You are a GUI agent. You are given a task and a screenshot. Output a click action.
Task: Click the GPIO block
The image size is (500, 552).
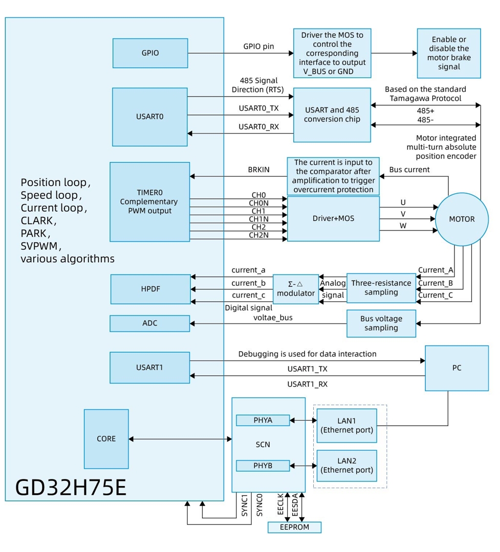150,53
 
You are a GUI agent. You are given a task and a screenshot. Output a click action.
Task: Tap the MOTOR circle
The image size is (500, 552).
461,219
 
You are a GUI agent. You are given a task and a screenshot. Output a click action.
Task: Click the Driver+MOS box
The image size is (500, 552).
333,219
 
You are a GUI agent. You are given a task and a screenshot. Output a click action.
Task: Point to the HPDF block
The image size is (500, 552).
150,289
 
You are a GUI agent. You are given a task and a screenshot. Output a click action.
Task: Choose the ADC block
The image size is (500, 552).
150,323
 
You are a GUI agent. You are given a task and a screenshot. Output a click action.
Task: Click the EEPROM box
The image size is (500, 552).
295,527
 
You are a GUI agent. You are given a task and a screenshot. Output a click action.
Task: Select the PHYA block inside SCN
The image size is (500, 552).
263,420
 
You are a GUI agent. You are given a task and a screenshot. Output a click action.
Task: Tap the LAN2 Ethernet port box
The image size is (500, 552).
346,466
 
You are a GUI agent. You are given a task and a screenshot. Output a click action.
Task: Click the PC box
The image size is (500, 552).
456,368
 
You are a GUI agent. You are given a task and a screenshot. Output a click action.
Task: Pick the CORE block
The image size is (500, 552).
106,439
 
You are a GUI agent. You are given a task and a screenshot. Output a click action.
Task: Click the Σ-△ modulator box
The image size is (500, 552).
295,289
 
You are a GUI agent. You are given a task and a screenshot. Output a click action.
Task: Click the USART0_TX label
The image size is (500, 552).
259,108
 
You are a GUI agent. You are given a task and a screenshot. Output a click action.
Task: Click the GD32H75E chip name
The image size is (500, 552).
71,487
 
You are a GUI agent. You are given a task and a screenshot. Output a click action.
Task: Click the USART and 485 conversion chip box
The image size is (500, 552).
332,115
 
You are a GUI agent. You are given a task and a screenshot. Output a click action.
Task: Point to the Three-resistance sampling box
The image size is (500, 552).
381,288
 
